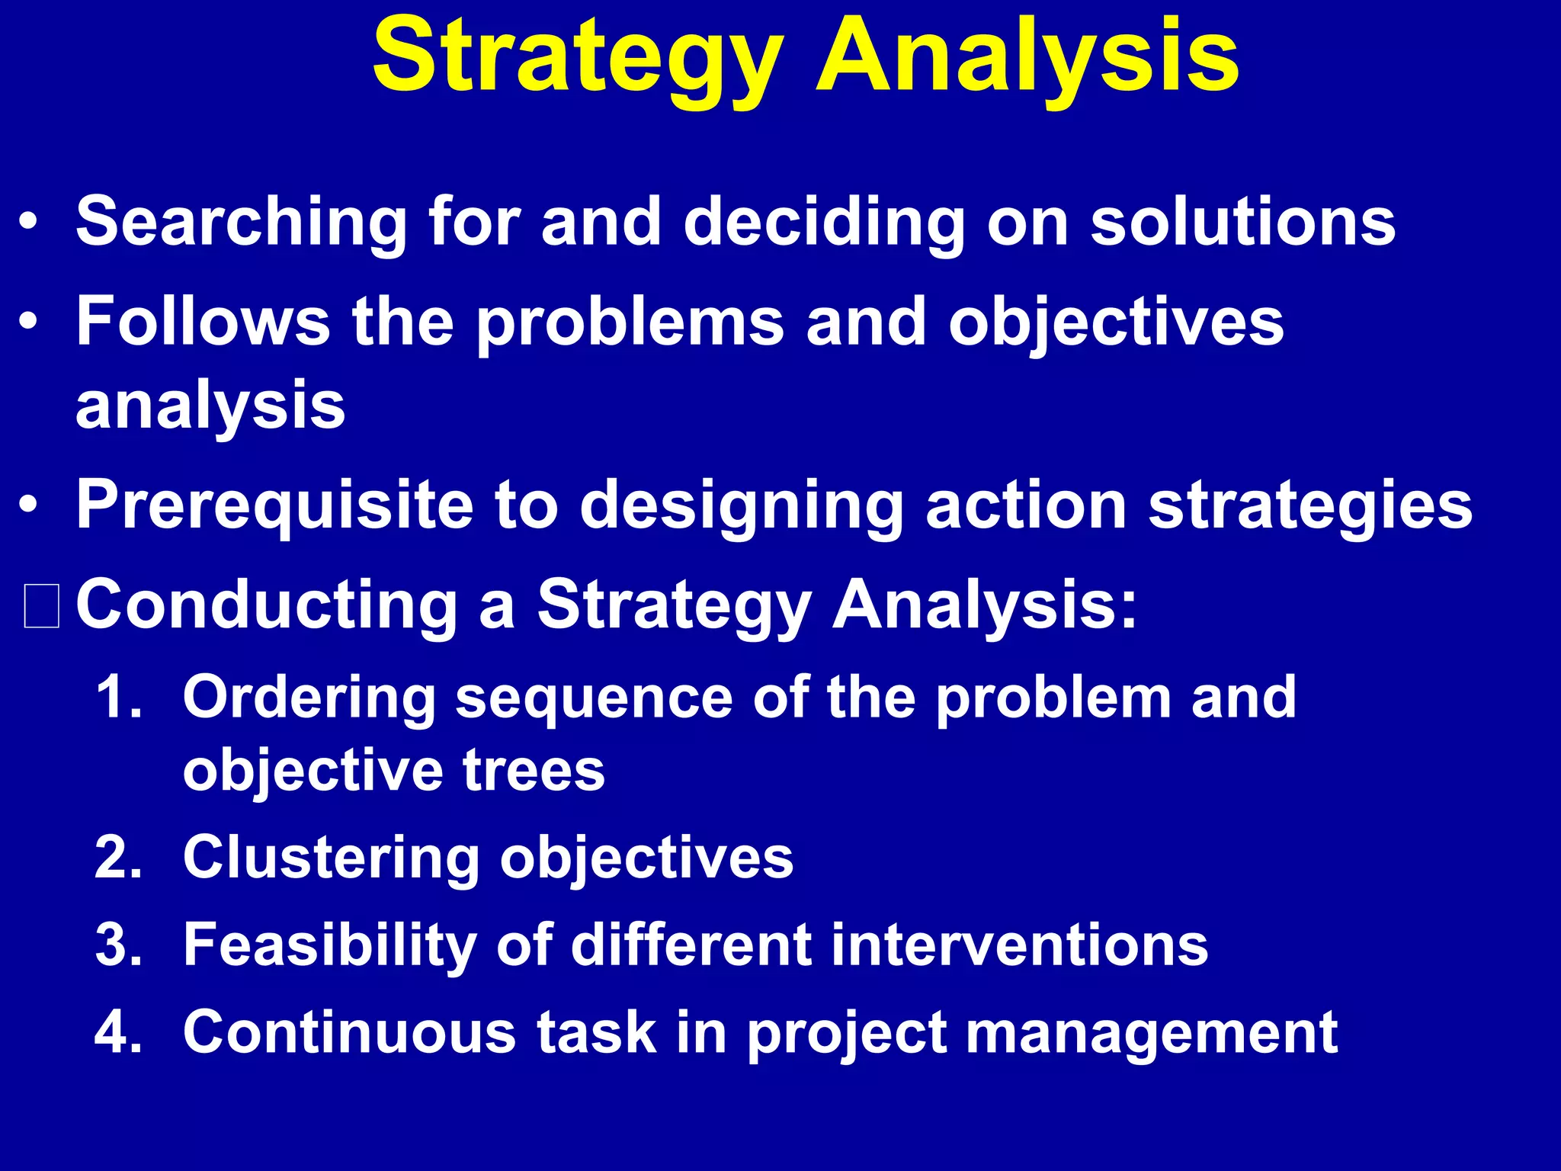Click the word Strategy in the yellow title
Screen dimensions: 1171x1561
coord(578,57)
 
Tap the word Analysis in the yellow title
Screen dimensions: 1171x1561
coord(1027,57)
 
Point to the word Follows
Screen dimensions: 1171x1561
coord(203,321)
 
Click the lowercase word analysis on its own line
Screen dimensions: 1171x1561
coord(210,406)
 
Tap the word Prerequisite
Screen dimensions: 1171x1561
coord(274,505)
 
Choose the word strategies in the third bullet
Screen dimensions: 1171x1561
coord(1310,505)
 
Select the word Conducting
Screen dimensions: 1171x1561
coord(267,605)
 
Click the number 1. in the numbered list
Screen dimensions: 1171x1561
coord(119,697)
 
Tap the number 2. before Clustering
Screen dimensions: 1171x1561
coord(119,858)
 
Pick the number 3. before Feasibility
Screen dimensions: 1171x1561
coord(119,945)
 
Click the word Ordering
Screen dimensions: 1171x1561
coord(309,698)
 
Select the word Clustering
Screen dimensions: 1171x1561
coord(331,858)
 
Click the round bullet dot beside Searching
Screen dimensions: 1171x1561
coord(28,223)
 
